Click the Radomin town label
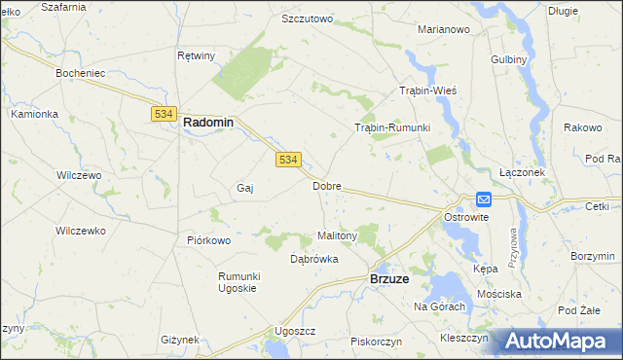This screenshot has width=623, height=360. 208,123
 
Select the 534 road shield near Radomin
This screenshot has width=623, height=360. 163,114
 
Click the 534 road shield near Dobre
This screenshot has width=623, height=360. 287,160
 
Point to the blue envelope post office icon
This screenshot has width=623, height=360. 484,198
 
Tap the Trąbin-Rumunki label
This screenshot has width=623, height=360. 391,127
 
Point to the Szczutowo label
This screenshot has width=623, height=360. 307,18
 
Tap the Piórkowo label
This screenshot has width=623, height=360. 208,240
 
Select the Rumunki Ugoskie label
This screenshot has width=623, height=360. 237,282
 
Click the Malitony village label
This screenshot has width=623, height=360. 339,235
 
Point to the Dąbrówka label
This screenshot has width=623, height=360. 314,259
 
